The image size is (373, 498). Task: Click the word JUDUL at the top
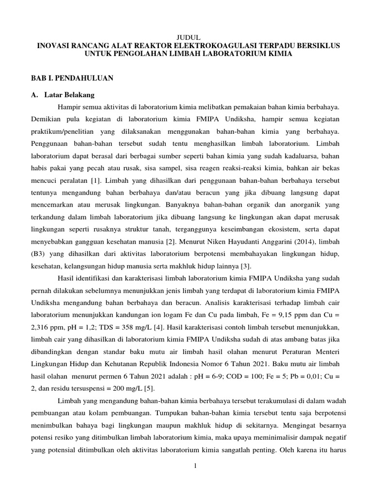tap(186, 37)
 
